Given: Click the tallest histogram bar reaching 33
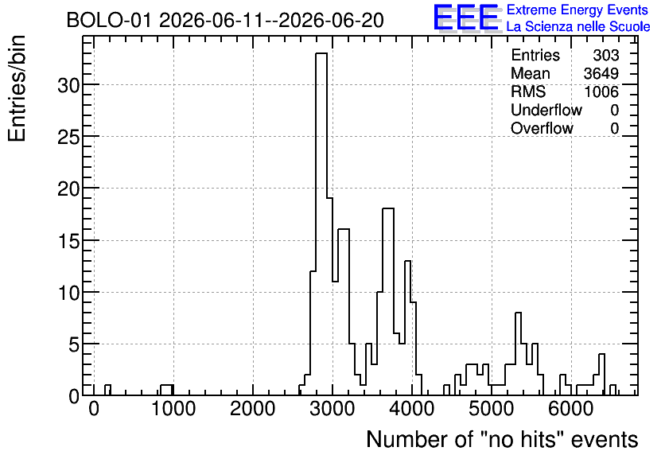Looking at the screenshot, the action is pos(321,224).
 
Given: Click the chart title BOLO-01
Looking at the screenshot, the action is pos(109,21).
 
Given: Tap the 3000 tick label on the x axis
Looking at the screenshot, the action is pos(332,410).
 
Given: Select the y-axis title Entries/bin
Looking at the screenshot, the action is pos(17,89).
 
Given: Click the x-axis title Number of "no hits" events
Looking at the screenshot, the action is pos(502,439).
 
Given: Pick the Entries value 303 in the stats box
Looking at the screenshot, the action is pos(605,55).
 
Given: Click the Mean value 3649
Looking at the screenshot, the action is pos(601,73).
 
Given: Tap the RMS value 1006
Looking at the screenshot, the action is pos(601,91).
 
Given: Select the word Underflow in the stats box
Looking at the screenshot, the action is pos(546,110).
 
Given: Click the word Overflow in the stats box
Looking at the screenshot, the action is pos(542,128).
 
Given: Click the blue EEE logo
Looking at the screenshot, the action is pos(466,17).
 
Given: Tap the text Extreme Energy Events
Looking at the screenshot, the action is pos(577,10).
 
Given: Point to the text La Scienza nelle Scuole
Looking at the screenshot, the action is pos(578,26).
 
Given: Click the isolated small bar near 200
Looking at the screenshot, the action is pos(107,390).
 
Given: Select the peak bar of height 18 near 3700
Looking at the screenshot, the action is pos(388,302).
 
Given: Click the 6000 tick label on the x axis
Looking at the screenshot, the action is pos(571,410).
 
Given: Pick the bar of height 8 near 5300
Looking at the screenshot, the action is pos(518,354).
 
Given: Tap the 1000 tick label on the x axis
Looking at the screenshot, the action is pos(173,410).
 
